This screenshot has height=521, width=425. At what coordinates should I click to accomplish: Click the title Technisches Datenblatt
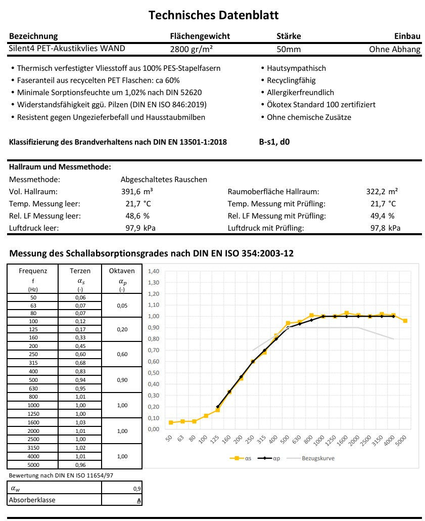213,15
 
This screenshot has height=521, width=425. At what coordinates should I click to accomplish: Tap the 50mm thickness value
289,49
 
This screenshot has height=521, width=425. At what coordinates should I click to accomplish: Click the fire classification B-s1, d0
274,142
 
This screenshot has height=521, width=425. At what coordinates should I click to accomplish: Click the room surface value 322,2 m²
382,192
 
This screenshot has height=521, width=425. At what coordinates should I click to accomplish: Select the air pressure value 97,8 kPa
385,228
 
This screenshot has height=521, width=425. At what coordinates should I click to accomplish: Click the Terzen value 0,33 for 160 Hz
80,337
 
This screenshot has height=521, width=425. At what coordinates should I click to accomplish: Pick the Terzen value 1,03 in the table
80,422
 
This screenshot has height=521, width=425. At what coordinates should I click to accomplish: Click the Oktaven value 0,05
122,306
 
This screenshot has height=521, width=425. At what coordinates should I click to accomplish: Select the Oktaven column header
122,271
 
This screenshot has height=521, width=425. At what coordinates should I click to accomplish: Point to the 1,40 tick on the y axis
154,271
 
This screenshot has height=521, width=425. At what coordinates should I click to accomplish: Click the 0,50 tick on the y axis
154,373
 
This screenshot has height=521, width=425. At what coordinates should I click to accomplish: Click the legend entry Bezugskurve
318,458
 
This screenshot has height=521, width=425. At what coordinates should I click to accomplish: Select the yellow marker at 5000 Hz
405,321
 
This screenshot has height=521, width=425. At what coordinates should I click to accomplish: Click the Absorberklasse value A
139,500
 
